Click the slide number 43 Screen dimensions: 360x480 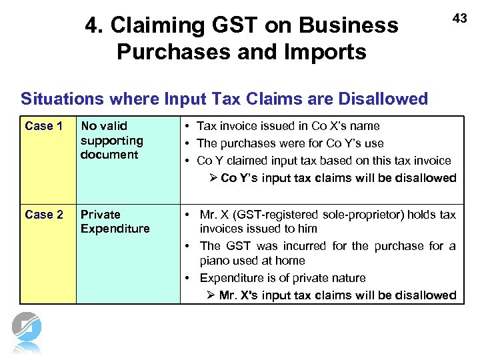tap(460, 19)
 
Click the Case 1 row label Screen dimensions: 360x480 tap(43, 126)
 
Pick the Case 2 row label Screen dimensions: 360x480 tap(43, 215)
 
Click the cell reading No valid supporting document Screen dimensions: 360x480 tap(111, 140)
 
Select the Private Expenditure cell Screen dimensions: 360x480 tap(115, 221)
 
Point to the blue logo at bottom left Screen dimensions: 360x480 tap(27, 331)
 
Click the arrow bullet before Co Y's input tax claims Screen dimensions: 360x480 tap(213, 178)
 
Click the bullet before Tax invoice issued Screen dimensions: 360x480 tap(189, 126)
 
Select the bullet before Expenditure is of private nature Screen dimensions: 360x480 tap(189, 278)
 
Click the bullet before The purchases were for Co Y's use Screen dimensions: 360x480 tap(189, 143)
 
